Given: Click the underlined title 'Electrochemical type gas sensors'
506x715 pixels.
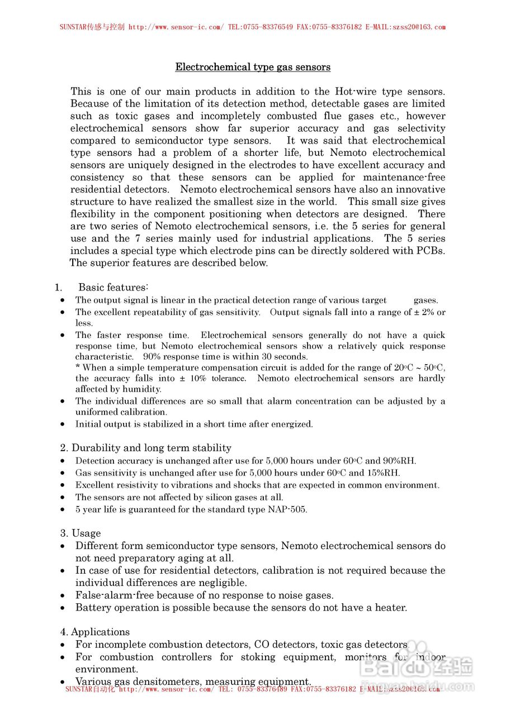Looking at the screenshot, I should tap(253, 67).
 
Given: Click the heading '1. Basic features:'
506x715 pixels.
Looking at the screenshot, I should tap(101, 288).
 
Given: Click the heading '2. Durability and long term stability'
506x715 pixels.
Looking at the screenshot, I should tap(145, 448).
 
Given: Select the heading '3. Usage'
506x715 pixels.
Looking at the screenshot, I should tap(81, 533).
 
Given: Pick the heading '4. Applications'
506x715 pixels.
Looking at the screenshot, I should tap(95, 632).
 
